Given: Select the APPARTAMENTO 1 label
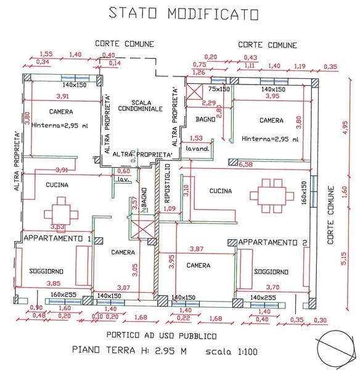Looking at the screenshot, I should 57,238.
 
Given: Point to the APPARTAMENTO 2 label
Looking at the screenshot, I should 272,242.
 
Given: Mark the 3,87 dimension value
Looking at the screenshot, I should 196,249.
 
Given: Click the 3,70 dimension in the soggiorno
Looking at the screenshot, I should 271,287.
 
